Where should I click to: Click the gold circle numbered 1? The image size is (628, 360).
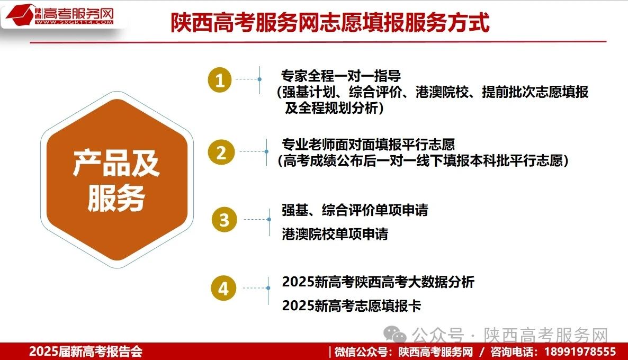click(219, 80)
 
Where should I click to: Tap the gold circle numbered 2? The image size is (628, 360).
click(221, 152)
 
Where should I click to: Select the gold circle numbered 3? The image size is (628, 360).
click(225, 220)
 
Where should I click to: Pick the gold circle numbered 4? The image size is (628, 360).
click(223, 289)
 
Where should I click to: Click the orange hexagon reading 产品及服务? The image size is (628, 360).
click(117, 179)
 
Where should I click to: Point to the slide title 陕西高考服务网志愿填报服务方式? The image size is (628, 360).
click(330, 22)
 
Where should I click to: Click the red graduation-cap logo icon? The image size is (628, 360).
click(20, 15)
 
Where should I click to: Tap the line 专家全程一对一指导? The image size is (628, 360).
click(341, 76)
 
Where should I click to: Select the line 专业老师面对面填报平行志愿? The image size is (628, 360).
click(369, 144)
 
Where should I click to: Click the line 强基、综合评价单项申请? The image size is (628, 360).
click(355, 210)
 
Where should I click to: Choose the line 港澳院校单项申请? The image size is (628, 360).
click(335, 234)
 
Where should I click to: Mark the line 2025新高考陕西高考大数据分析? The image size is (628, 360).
click(378, 282)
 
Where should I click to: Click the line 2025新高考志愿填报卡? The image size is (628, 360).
click(352, 306)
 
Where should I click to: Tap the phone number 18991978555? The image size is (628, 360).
click(580, 352)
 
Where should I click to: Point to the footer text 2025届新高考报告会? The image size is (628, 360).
click(86, 352)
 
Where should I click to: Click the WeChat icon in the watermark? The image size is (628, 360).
click(395, 335)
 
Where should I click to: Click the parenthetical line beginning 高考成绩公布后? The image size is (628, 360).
click(423, 160)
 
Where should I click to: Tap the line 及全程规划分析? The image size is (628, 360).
click(334, 107)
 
